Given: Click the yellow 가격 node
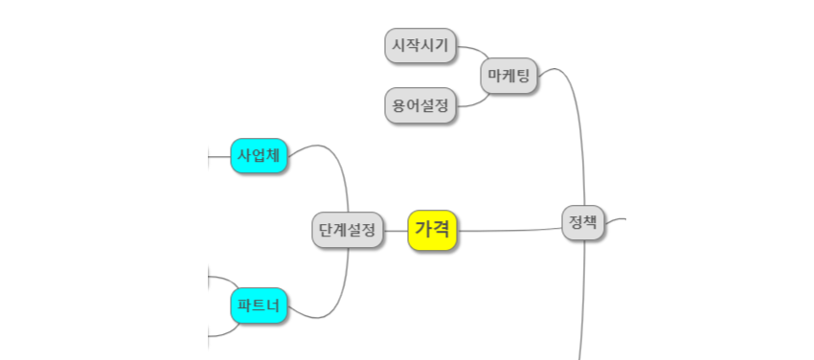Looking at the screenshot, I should (434, 230).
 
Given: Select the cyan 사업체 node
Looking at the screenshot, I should (259, 156).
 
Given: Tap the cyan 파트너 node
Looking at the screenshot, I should (259, 305).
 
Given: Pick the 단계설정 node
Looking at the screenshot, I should (348, 230).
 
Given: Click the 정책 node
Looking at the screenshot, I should (583, 224).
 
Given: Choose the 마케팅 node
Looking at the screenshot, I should (509, 75).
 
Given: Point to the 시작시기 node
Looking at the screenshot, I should (420, 46).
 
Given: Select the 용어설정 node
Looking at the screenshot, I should (420, 105).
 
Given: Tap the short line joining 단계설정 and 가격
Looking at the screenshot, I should (396, 230).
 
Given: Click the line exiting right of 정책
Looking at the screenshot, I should (616, 219).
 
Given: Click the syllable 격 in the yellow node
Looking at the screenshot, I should (443, 230).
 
